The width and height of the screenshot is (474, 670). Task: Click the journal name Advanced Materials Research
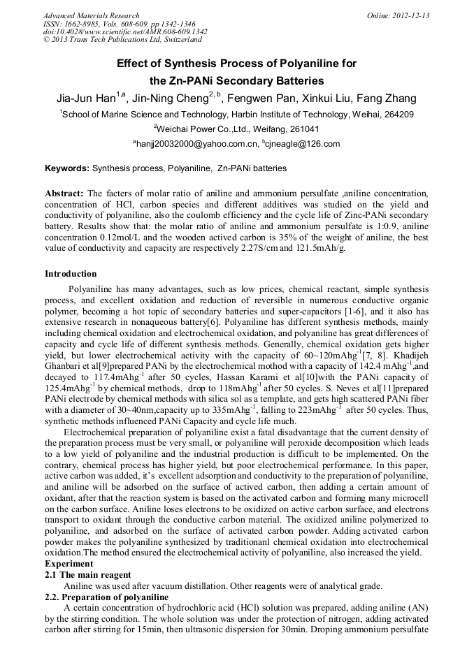click(91, 15)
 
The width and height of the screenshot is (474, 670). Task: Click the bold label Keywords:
click(67, 168)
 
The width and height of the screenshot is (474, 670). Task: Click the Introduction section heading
click(71, 273)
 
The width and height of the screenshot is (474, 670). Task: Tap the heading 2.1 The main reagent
click(87, 574)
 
